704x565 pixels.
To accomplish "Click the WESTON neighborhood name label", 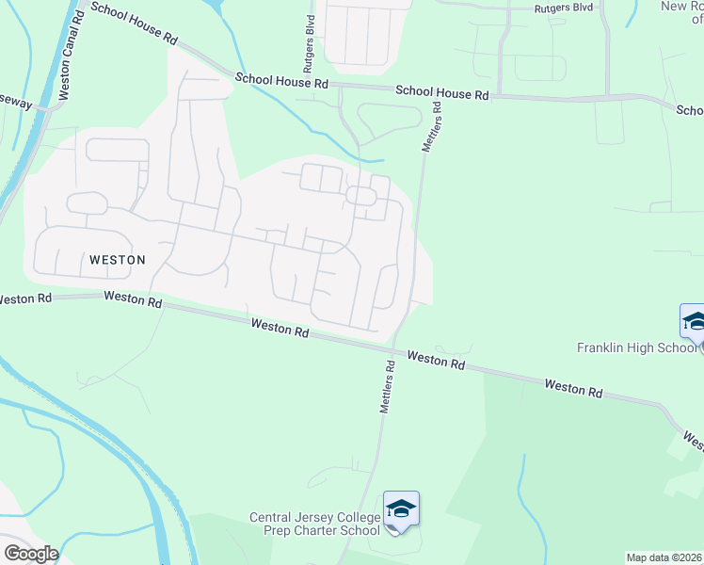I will (x=117, y=259).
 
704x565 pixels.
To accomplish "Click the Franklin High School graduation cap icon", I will (x=694, y=321).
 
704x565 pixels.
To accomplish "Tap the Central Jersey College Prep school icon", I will (x=401, y=509).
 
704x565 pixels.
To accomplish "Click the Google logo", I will (x=30, y=554).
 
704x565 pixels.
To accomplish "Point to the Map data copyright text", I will (x=664, y=557).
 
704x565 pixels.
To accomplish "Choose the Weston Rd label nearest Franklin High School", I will (x=572, y=387).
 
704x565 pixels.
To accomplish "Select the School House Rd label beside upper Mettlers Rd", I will (x=442, y=93).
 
